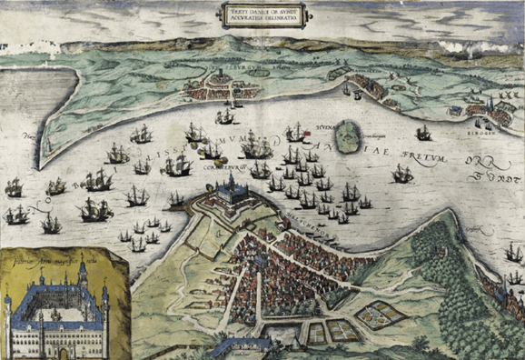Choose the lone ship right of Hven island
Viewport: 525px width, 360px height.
click(x=422, y=134)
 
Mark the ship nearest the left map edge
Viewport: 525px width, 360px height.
click(x=15, y=188)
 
